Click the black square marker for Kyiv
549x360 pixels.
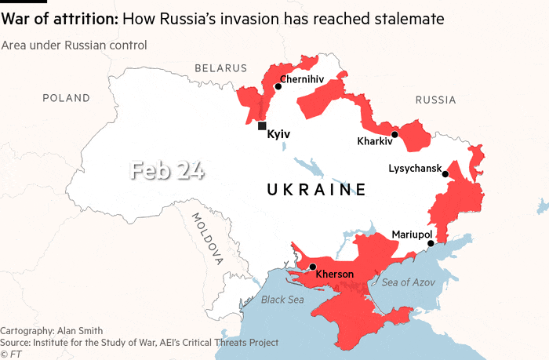[x=261, y=125]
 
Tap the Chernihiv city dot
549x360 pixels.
[x=278, y=87]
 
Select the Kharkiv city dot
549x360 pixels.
[x=395, y=134]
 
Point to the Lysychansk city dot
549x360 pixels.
[x=445, y=174]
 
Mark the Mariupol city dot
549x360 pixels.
[x=431, y=243]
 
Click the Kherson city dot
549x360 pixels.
[x=313, y=267]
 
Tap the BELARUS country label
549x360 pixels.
[x=221, y=69]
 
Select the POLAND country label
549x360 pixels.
[x=67, y=98]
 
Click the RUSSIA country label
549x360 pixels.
[x=435, y=100]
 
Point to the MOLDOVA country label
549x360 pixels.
[x=206, y=238]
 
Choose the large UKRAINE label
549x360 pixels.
[x=317, y=189]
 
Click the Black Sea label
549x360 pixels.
[x=282, y=299]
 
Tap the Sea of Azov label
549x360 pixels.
[x=409, y=282]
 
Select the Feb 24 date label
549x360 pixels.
[x=166, y=170]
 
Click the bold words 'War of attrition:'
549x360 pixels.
[x=60, y=17]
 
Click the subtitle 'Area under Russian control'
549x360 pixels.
[x=74, y=45]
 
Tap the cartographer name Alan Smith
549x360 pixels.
[x=82, y=330]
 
